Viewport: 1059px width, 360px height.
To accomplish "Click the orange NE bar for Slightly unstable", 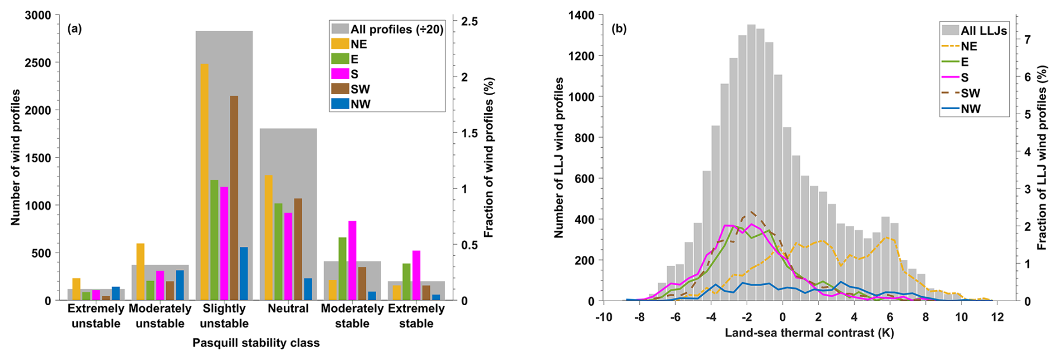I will tap(204, 182).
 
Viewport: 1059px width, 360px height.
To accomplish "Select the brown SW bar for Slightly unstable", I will tap(233, 198).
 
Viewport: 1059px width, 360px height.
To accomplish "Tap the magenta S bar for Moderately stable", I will tap(352, 261).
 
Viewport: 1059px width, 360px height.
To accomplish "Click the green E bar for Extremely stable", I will tap(406, 282).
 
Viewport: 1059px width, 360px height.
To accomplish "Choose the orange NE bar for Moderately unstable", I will tap(140, 272).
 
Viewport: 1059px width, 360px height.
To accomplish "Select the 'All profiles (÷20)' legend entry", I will tap(387, 29).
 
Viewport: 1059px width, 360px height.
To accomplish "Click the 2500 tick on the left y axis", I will tap(39, 63).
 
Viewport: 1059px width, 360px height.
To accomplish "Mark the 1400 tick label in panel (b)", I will tap(580, 15).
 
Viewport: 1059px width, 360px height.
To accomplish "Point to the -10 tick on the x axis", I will tap(603, 317).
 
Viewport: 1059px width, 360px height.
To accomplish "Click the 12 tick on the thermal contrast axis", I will tap(997, 317).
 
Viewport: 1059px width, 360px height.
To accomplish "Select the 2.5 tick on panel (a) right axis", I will tap(470, 21).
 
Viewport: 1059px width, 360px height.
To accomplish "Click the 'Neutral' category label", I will tap(288, 308).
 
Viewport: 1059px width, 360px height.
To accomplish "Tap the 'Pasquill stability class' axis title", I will tap(256, 343).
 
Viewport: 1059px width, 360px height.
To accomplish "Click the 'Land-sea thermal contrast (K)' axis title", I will tap(809, 333).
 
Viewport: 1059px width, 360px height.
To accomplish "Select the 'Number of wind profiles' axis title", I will tap(16, 157).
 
